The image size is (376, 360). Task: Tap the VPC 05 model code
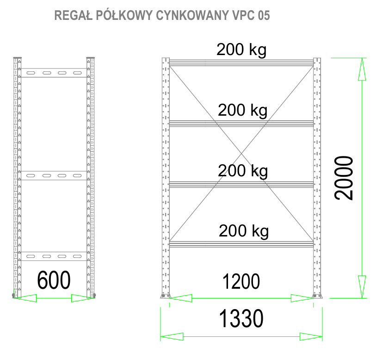coord(250,15)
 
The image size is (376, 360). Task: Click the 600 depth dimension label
coord(54,280)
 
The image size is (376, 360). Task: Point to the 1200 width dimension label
coord(241,281)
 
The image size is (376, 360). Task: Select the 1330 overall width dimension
coord(241,318)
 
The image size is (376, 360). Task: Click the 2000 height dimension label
coord(345,178)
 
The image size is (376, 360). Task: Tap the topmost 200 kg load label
coord(241,50)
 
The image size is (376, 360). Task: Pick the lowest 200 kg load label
coord(244,230)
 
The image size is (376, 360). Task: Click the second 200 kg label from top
coord(243,110)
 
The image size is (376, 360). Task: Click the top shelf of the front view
coord(241,62)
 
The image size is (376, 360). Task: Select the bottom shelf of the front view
coord(241,243)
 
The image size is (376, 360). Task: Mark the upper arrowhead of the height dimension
coord(362,69)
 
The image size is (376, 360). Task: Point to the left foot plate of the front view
coord(165,296)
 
